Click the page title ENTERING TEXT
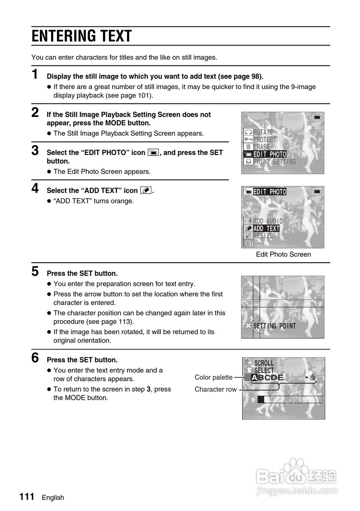pos(82,36)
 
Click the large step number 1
pos(36,75)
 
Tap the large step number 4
pos(36,188)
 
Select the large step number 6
pos(36,358)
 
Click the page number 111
pos(27,497)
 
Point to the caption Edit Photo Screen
pos(283,254)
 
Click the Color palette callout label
pos(214,377)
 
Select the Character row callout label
pos(216,389)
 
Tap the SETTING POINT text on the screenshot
pos(275,326)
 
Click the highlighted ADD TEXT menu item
pos(266,228)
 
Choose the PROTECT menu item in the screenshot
pos(265,139)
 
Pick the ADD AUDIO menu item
pos(268,221)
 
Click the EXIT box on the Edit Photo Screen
pos(248,243)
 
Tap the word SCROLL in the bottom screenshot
pos(264,363)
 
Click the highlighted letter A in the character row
pos(254,378)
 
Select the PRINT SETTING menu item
pos(275,162)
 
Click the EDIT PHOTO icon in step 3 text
pos(153,153)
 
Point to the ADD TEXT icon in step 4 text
pos(146,190)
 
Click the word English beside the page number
pos(53,497)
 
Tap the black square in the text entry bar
pos(261,399)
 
